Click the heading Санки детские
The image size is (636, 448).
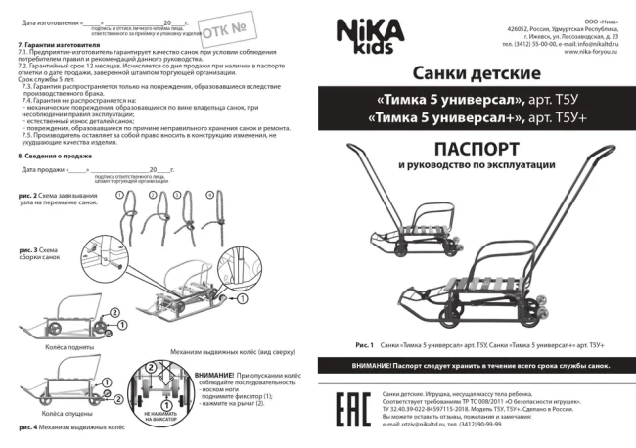pyautogui.click(x=477, y=74)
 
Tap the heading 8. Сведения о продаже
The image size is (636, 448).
pyautogui.click(x=57, y=156)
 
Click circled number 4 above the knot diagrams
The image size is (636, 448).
pyautogui.click(x=208, y=195)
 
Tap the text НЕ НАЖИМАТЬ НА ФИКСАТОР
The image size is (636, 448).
pyautogui.click(x=159, y=417)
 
